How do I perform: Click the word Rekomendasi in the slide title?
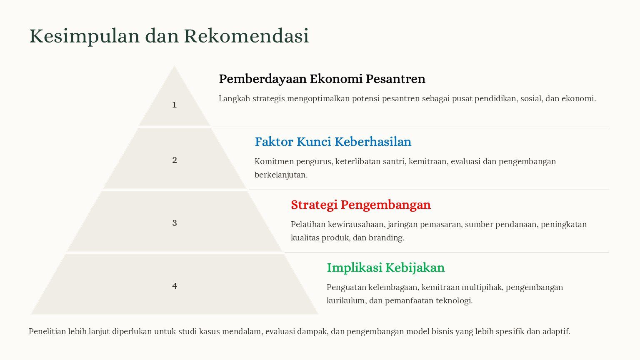pos(246,36)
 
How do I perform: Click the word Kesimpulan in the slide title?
pos(85,37)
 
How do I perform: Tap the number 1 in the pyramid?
pos(174,105)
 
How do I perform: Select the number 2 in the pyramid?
pos(175,160)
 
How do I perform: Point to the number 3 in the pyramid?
pos(175,223)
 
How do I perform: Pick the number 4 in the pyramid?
pos(175,286)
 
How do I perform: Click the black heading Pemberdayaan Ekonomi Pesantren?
pos(322,79)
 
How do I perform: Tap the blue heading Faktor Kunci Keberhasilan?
pos(333,142)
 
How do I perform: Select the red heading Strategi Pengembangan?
pos(360,205)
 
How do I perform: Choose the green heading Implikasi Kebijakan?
pos(386,268)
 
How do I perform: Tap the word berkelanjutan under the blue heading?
pos(281,175)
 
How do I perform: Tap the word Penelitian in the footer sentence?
pos(47,331)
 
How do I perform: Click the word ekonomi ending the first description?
pos(579,99)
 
